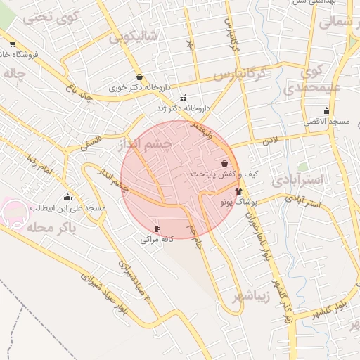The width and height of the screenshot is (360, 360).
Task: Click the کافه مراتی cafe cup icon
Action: [x=156, y=229]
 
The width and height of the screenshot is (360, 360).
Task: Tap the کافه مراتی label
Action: [x=156, y=240]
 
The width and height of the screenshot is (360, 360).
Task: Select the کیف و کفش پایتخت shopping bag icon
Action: [x=224, y=163]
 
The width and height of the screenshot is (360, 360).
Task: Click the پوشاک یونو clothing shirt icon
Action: [x=238, y=191]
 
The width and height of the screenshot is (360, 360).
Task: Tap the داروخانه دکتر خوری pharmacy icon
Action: [x=139, y=77]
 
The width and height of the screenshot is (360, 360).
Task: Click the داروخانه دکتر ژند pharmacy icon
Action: [x=184, y=98]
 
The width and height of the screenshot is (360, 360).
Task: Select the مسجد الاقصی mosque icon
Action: [x=326, y=110]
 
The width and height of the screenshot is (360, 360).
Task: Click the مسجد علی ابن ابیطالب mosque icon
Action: [x=67, y=198]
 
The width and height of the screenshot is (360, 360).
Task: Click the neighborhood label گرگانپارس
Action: [x=241, y=73]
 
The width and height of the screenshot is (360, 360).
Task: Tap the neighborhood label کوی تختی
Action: [x=47, y=18]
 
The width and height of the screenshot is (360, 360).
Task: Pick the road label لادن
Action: [x=270, y=141]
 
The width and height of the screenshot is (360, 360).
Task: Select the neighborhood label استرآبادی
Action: [x=305, y=179]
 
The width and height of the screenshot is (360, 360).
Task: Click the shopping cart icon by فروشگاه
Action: [x=13, y=44]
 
